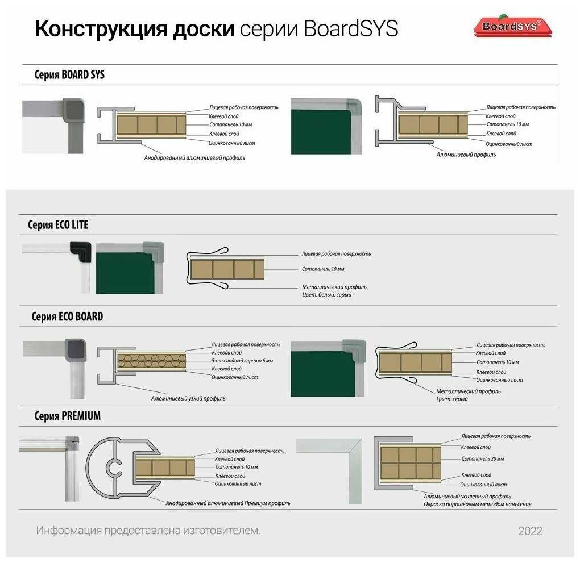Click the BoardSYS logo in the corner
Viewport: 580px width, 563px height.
512,26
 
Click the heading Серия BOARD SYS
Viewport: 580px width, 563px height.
69,75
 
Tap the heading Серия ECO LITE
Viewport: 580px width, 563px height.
58,225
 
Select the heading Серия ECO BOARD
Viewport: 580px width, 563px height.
67,316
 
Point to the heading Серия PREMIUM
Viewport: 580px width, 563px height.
67,416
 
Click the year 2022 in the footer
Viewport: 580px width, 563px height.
530,531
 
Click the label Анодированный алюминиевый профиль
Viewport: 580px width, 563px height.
194,157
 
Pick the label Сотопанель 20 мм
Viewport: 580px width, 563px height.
482,458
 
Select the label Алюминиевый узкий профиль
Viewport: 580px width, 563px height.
188,398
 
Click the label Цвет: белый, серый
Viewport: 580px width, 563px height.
326,295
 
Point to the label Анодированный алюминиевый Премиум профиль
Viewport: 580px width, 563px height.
227,503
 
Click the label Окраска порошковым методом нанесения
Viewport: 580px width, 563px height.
477,504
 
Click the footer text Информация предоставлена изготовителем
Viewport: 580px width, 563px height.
148,531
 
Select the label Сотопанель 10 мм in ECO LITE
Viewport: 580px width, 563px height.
322,269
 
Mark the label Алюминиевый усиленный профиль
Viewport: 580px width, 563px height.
467,496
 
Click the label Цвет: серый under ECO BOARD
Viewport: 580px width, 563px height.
452,399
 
